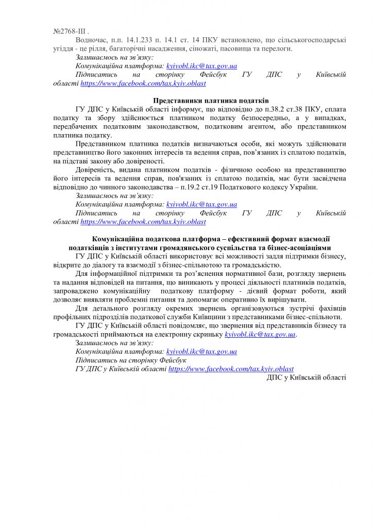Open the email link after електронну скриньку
click(x=260, y=335)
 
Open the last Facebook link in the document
click(x=231, y=369)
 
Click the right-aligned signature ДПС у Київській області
click(x=306, y=378)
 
